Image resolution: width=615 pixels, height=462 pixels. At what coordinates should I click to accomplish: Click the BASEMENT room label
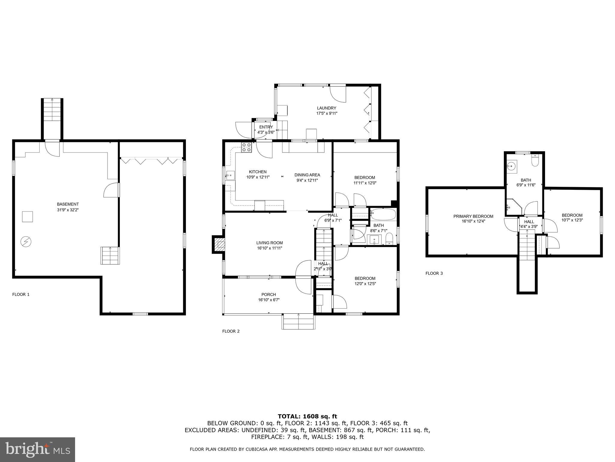pyautogui.click(x=68, y=204)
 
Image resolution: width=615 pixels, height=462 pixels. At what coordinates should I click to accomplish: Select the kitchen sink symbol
pyautogui.click(x=230, y=175)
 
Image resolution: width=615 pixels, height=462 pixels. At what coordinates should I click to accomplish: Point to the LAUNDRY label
pyautogui.click(x=326, y=108)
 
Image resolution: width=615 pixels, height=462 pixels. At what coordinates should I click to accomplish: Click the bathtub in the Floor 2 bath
pyautogui.click(x=383, y=215)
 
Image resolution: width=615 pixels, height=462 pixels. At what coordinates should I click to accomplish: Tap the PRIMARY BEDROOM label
pyautogui.click(x=473, y=216)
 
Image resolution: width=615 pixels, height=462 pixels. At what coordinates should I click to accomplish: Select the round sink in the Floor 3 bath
pyautogui.click(x=511, y=165)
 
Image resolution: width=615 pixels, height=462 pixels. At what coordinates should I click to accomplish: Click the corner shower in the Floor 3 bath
pyautogui.click(x=512, y=207)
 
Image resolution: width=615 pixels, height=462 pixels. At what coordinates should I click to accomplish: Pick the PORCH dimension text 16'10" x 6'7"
pyautogui.click(x=268, y=300)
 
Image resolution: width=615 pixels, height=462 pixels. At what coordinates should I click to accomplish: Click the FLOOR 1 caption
pyautogui.click(x=21, y=294)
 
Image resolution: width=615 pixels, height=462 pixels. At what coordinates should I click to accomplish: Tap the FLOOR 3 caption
pyautogui.click(x=434, y=273)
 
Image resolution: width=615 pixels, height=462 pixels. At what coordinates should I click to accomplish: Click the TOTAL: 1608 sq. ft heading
pyautogui.click(x=307, y=417)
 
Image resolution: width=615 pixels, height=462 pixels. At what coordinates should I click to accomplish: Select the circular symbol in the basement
pyautogui.click(x=26, y=242)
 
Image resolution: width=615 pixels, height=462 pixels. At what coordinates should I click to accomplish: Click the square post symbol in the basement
pyautogui.click(x=27, y=217)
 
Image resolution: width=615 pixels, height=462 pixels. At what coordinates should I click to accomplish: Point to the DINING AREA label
pyautogui.click(x=307, y=175)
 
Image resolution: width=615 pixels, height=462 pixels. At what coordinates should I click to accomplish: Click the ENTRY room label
pyautogui.click(x=266, y=127)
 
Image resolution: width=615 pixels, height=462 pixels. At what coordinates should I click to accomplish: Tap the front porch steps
pyautogui.click(x=298, y=322)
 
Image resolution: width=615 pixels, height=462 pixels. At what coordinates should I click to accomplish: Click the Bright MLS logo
pyautogui.click(x=38, y=449)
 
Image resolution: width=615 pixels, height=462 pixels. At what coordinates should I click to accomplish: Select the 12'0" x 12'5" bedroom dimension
pyautogui.click(x=365, y=284)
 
